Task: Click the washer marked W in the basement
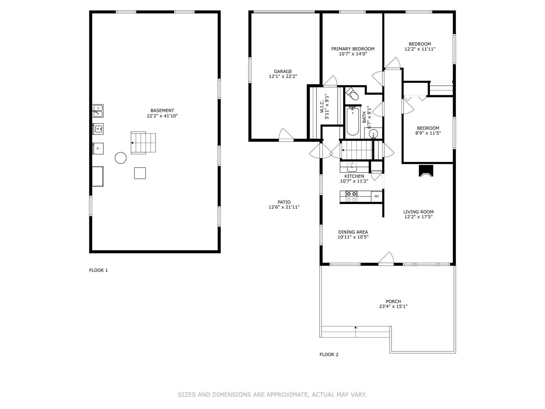(98, 129)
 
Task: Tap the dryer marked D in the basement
(98, 149)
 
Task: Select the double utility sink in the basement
(98, 111)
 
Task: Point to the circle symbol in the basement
(121, 158)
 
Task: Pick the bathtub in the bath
(353, 121)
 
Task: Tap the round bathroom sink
(373, 134)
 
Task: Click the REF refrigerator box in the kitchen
(377, 196)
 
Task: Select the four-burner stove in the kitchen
(351, 196)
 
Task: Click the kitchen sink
(352, 167)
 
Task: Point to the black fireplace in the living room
(426, 171)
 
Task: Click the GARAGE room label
(283, 71)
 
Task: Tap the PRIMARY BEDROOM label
(353, 49)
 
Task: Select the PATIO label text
(284, 202)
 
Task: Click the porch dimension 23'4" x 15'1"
(393, 307)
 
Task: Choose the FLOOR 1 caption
(98, 270)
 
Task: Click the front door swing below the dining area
(387, 258)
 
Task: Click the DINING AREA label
(353, 232)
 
